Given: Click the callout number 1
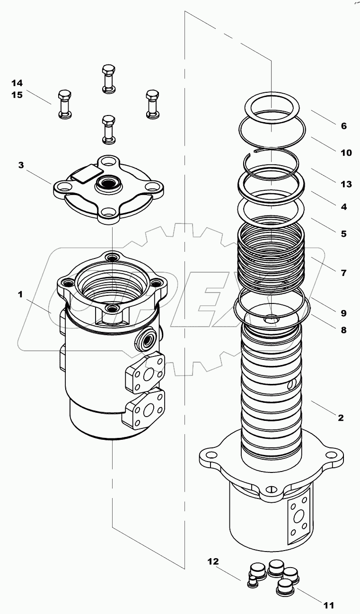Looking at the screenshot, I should (20, 294).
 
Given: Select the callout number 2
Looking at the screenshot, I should (340, 418).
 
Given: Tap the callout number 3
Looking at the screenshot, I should (21, 165).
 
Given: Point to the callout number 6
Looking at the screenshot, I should (343, 126).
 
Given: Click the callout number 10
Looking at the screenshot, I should (346, 152).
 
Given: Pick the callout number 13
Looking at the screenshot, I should (346, 184).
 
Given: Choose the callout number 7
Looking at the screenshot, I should (343, 273).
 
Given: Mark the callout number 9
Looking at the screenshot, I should (343, 313).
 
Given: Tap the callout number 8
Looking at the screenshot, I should (343, 330).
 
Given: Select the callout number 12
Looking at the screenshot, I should (213, 561).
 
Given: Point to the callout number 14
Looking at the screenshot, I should (17, 83).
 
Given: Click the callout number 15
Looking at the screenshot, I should (17, 95).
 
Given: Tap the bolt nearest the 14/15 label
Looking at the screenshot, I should (65, 103).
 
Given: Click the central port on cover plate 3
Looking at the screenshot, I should (108, 183).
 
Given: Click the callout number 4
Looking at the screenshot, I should (343, 206).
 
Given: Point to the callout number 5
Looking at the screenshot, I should (343, 233).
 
